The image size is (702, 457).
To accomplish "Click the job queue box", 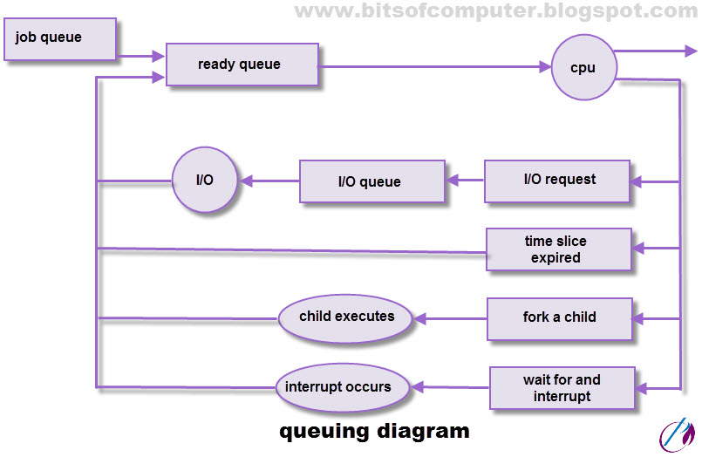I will point(59,39).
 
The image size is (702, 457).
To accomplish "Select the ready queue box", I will point(241,65).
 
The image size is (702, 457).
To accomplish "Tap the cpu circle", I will point(583,67).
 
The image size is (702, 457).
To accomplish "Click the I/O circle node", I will point(204,180).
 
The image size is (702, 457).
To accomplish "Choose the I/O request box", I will point(558,181).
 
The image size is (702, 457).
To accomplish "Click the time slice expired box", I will point(558,249).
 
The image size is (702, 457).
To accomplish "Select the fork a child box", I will point(559,317).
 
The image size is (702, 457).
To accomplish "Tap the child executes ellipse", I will point(346,317).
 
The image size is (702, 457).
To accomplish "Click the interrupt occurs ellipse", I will point(343,386).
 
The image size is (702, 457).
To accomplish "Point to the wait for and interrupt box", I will point(562,388).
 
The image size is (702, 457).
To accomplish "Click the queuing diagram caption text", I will point(373,431).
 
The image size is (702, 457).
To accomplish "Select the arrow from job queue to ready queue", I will point(140,57).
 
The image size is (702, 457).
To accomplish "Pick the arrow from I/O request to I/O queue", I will point(464,181).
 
